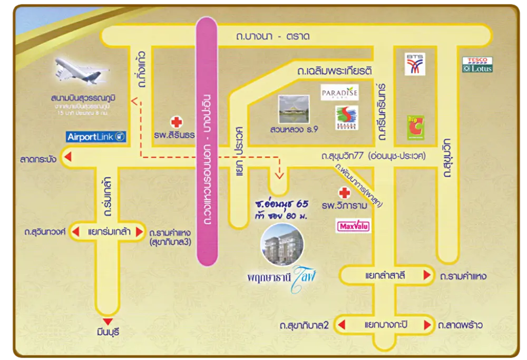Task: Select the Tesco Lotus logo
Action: (x=477, y=64)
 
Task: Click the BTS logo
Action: (x=415, y=64)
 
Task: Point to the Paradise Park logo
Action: (x=339, y=93)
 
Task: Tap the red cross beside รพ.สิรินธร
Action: (x=177, y=122)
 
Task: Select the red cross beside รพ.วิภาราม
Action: (x=344, y=193)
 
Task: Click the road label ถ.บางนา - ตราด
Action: (x=272, y=37)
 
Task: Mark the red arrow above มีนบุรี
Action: (x=109, y=322)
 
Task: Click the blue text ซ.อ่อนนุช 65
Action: (x=279, y=204)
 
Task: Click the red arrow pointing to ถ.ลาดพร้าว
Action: (x=429, y=324)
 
